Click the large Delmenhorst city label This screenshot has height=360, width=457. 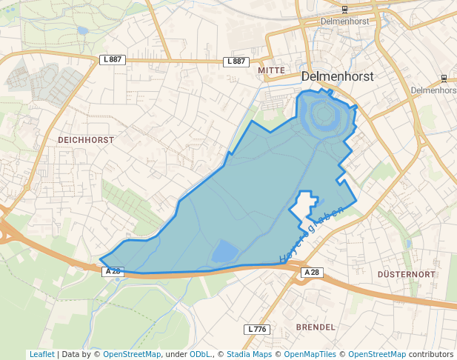pos(338,76)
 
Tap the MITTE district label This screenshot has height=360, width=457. pos(271,70)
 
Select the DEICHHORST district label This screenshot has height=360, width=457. pos(86,139)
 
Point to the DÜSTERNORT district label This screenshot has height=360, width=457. pos(405,274)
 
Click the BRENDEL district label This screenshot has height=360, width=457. pos(316,327)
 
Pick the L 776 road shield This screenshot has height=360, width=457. pos(257,329)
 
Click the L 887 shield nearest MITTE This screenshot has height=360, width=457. pos(235,61)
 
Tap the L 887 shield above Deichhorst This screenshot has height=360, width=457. pos(112,59)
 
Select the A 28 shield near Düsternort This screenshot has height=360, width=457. pos(313,273)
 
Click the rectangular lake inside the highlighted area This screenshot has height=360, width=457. pos(225,252)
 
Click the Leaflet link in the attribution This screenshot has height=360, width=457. pos(42,355)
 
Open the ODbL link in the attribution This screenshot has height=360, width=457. pos(201,355)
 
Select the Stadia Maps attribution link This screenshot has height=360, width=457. pos(249,355)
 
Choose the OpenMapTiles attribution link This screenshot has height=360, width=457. pos(313,355)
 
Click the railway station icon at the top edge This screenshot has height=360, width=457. pos(345,9)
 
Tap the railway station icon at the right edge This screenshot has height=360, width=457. pos(444,78)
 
